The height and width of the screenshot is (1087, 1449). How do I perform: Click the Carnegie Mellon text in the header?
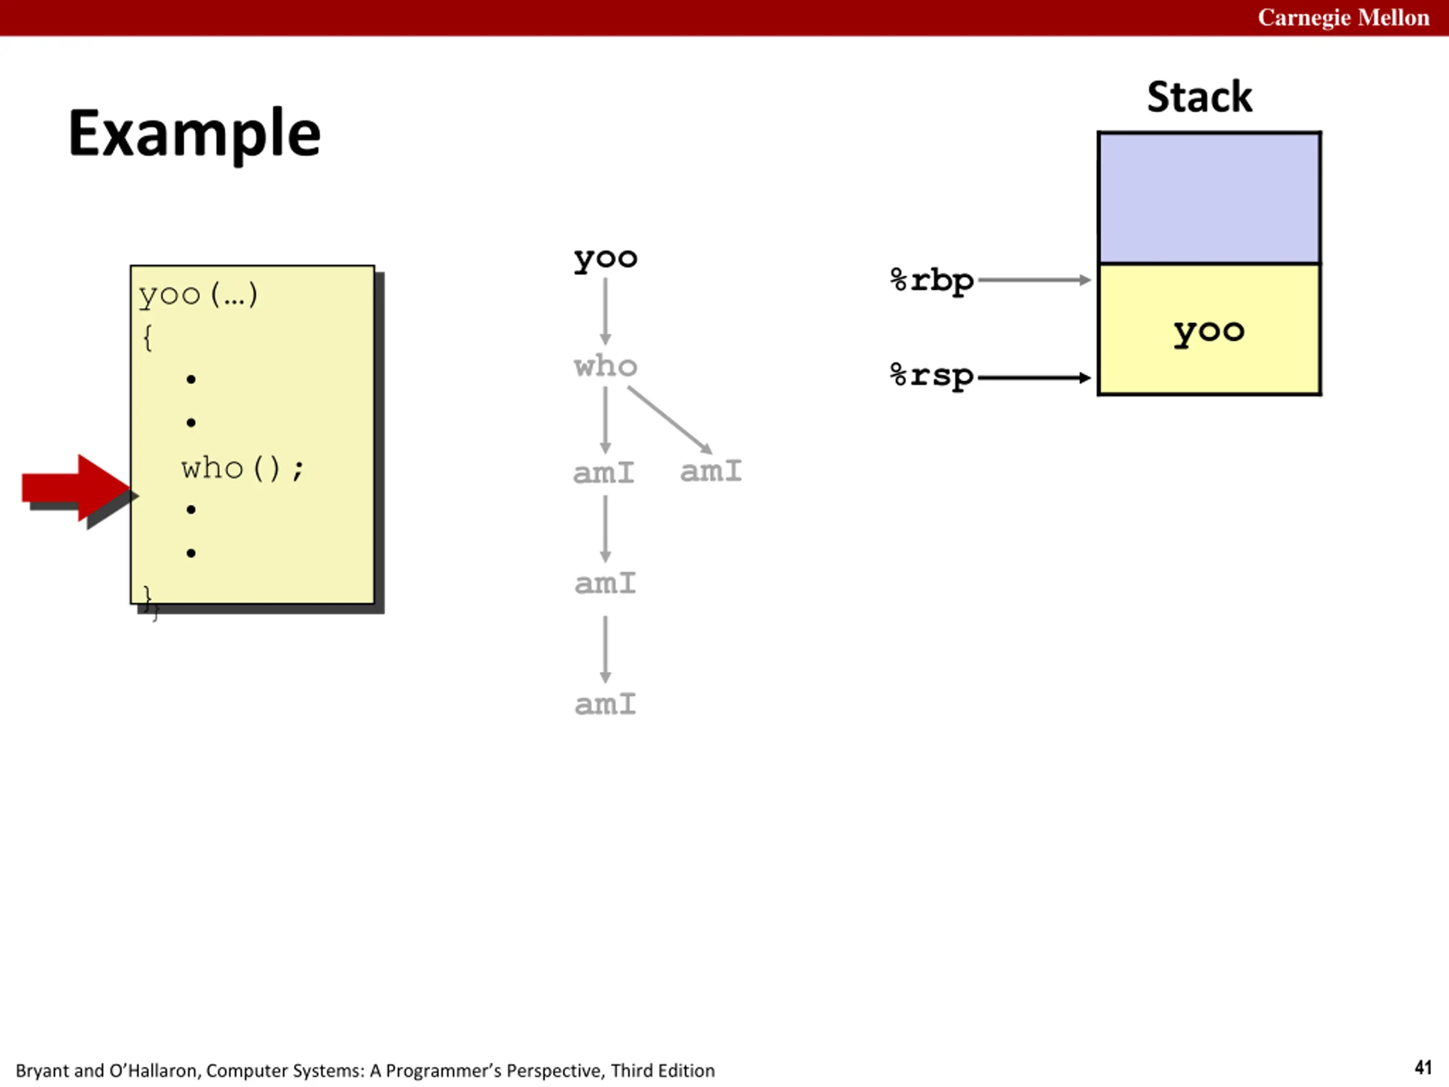[x=1343, y=18]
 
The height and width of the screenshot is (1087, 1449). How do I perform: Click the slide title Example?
[x=195, y=134]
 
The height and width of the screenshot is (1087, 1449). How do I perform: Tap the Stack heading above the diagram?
[x=1199, y=97]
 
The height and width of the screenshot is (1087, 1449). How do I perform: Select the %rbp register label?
[x=932, y=281]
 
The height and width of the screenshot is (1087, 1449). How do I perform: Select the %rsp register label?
[x=932, y=376]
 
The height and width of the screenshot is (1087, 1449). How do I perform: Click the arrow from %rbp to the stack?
[x=1034, y=280]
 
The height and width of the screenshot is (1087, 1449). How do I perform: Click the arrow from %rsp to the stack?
[x=1034, y=378]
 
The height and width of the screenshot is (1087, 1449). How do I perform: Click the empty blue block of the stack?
[x=1209, y=198]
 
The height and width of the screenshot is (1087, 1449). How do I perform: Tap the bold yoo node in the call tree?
[x=605, y=259]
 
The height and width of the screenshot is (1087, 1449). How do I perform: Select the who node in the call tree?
[x=605, y=366]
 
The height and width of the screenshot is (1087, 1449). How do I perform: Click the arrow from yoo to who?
[x=605, y=312]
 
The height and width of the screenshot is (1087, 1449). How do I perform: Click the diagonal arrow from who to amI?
[x=670, y=420]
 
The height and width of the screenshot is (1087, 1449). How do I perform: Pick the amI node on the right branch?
[x=711, y=471]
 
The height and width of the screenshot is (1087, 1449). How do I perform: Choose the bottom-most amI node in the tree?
[x=605, y=704]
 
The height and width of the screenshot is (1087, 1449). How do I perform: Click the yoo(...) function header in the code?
[x=198, y=296]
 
